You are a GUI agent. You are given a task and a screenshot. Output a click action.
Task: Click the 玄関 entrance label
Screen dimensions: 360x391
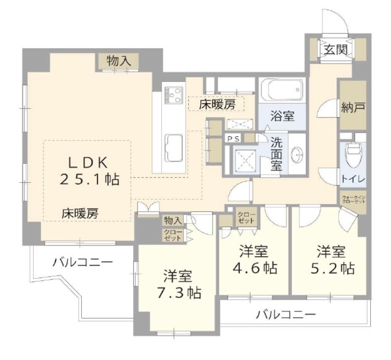pyautogui.click(x=336, y=50)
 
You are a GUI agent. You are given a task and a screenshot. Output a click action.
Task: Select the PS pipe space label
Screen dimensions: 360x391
pyautogui.click(x=233, y=139)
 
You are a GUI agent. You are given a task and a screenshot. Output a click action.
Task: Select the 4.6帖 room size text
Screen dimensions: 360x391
pyautogui.click(x=254, y=268)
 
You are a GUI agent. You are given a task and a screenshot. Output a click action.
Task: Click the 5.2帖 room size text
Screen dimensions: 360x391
pyautogui.click(x=331, y=268)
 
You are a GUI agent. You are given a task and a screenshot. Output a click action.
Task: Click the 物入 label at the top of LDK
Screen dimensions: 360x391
pyautogui.click(x=120, y=61)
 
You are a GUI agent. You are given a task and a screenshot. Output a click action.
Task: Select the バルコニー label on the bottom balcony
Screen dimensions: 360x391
pyautogui.click(x=285, y=315)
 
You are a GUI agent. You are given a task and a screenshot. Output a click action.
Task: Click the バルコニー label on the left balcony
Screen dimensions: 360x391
pyautogui.click(x=82, y=263)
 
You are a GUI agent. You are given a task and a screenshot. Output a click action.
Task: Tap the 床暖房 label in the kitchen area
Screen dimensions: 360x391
pyautogui.click(x=217, y=105)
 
